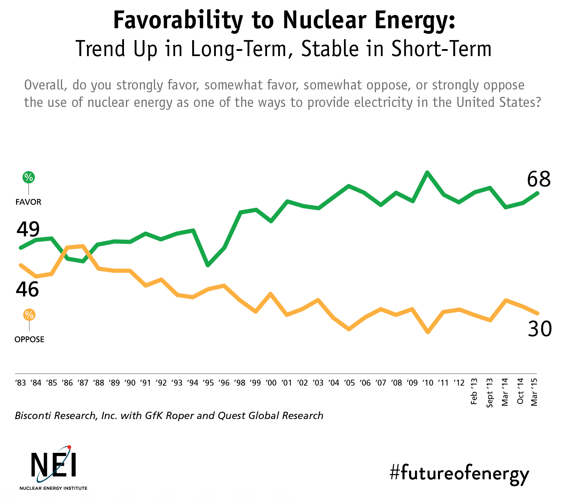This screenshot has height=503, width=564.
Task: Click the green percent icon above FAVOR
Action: (x=29, y=177)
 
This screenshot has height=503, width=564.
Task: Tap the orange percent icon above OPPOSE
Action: (x=29, y=315)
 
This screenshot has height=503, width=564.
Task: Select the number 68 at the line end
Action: (x=539, y=179)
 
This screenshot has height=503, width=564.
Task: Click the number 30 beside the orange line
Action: (x=540, y=329)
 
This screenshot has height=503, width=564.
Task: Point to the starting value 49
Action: (x=28, y=230)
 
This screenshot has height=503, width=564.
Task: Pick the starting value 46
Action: (x=28, y=289)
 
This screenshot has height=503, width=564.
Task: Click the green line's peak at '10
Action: (x=428, y=172)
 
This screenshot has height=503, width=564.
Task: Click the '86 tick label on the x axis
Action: (x=67, y=383)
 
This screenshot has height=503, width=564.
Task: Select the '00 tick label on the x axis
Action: (x=271, y=383)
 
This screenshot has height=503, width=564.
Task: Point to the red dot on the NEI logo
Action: (x=69, y=447)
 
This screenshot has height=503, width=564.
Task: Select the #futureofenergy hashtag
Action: (x=459, y=473)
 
